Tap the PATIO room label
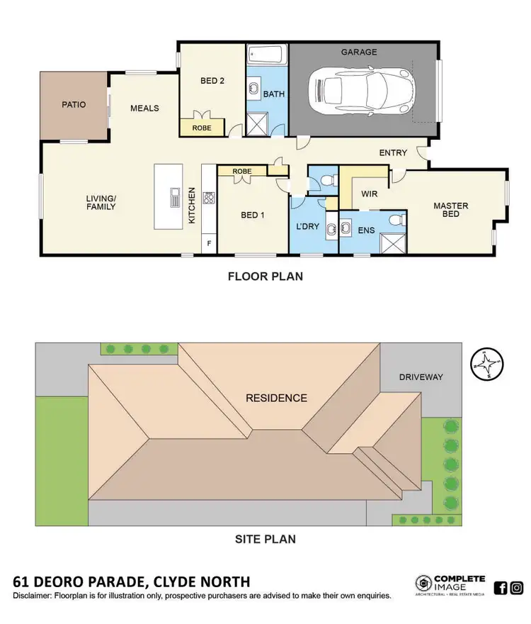[x=74, y=105]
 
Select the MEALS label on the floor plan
[x=144, y=108]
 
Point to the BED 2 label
[x=212, y=81]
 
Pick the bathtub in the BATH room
[x=265, y=55]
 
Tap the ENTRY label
[x=393, y=152]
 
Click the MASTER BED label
[x=451, y=210]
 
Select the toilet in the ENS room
[x=397, y=220]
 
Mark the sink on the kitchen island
[x=174, y=199]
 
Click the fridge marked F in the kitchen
[x=209, y=243]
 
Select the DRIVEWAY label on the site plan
[x=420, y=377]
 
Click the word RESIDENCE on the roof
[x=276, y=398]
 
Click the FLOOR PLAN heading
[x=265, y=277]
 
